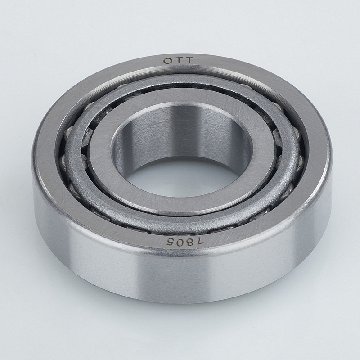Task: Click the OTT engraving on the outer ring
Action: (178, 61)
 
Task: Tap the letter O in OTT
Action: (167, 61)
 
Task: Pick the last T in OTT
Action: (189, 60)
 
